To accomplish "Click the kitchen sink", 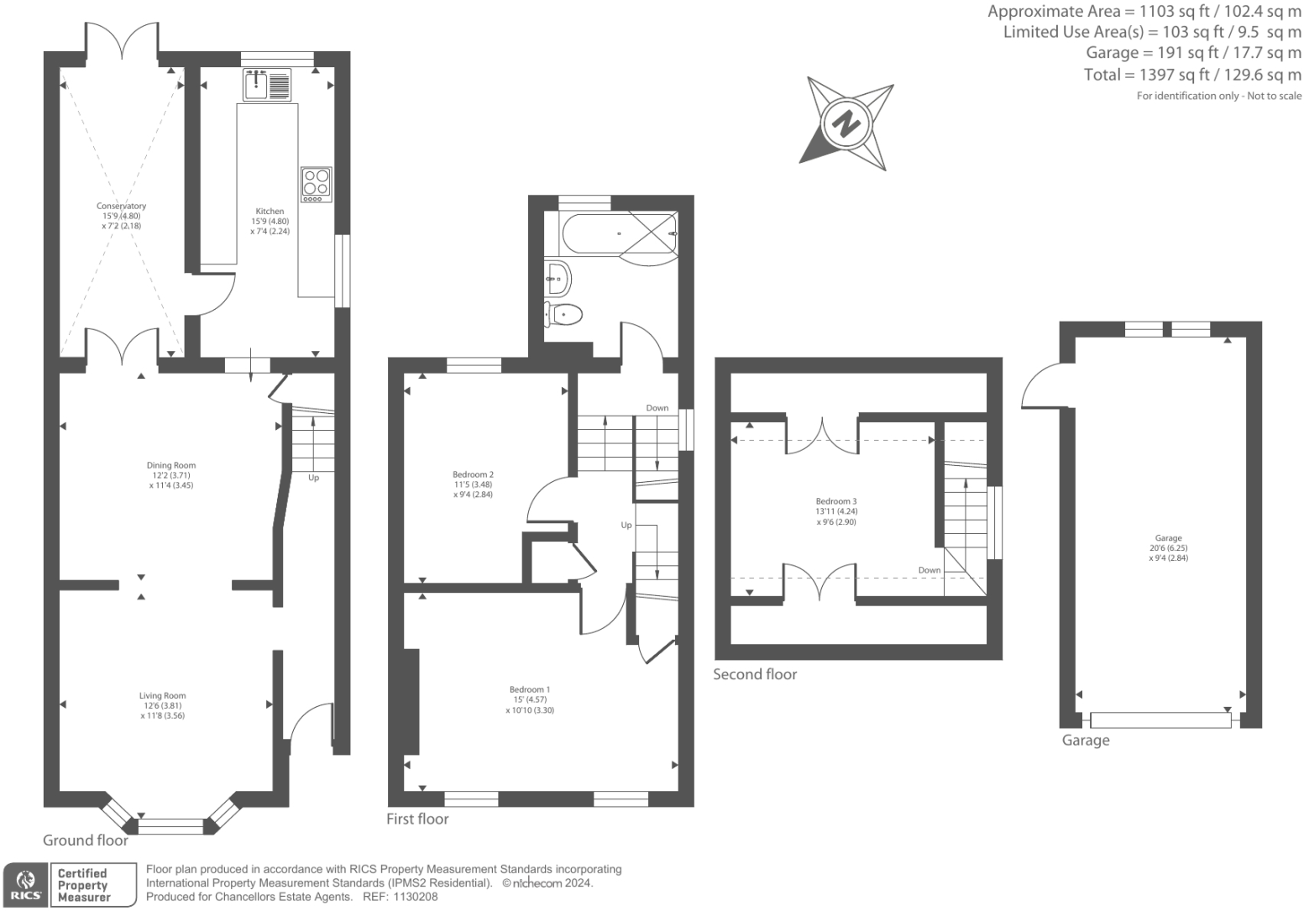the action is pyautogui.click(x=267, y=85).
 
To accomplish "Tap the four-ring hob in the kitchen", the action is pyautogui.click(x=316, y=185).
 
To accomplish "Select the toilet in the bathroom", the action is pyautogui.click(x=563, y=315).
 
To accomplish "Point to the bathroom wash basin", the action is pyautogui.click(x=558, y=278).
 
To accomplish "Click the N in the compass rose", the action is pyautogui.click(x=846, y=123).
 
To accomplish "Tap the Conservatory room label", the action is pyautogui.click(x=121, y=206).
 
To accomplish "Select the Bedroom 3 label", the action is pyautogui.click(x=836, y=501).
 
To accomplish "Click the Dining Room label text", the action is pyautogui.click(x=171, y=465).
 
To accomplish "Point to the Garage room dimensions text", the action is pyautogui.click(x=1168, y=553).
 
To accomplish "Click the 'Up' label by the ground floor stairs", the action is pyautogui.click(x=313, y=478).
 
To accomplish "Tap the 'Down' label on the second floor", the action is pyautogui.click(x=930, y=570).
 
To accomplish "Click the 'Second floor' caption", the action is pyautogui.click(x=755, y=674).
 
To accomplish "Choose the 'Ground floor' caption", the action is pyautogui.click(x=86, y=840).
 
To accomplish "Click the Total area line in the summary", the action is pyautogui.click(x=1192, y=75).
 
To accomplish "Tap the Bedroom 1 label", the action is pyautogui.click(x=530, y=690).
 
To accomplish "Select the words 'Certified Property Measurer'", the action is pyautogui.click(x=83, y=885).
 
